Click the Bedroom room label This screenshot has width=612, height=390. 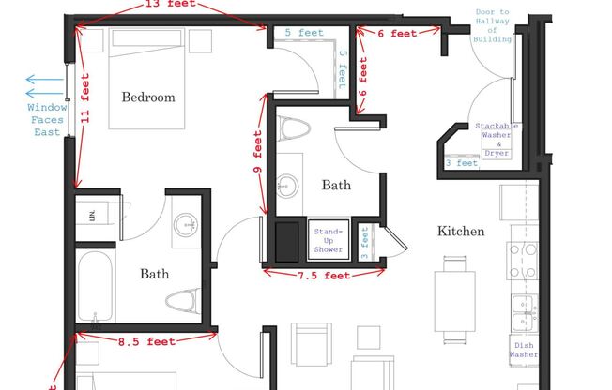click(x=147, y=97)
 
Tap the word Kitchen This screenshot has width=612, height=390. click(x=460, y=231)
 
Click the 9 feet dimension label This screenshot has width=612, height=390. click(x=257, y=157)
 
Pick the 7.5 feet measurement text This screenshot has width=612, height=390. click(x=323, y=276)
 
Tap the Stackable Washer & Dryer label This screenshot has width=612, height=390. click(x=496, y=139)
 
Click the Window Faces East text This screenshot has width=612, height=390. click(x=46, y=120)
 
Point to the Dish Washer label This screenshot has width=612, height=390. click(x=524, y=350)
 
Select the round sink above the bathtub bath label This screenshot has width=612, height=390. click(x=186, y=223)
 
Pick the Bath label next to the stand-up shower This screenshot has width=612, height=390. click(x=336, y=186)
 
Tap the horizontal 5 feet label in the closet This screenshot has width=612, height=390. click(x=303, y=33)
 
